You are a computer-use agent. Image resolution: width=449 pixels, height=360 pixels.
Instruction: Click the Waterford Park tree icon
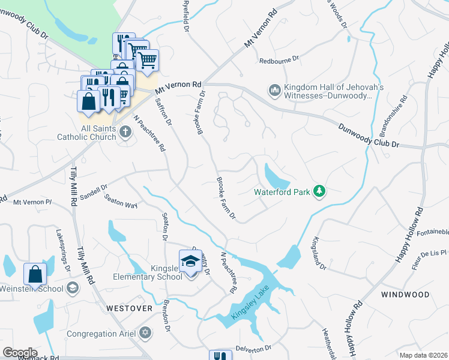pyautogui.click(x=320, y=191)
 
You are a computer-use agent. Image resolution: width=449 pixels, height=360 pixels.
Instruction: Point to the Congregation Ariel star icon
pyautogui.click(x=145, y=332)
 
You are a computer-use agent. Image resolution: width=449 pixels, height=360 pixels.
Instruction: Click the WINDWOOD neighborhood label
pyautogui.click(x=405, y=295)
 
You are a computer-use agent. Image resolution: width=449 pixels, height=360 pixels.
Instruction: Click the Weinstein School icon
pyautogui.click(x=73, y=288)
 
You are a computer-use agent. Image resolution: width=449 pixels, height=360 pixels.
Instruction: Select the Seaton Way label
pyautogui.click(x=121, y=201)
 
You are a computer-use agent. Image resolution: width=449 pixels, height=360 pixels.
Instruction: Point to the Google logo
pyautogui.click(x=20, y=353)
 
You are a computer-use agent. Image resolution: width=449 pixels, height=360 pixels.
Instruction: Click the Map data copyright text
pyautogui.click(x=423, y=355)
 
